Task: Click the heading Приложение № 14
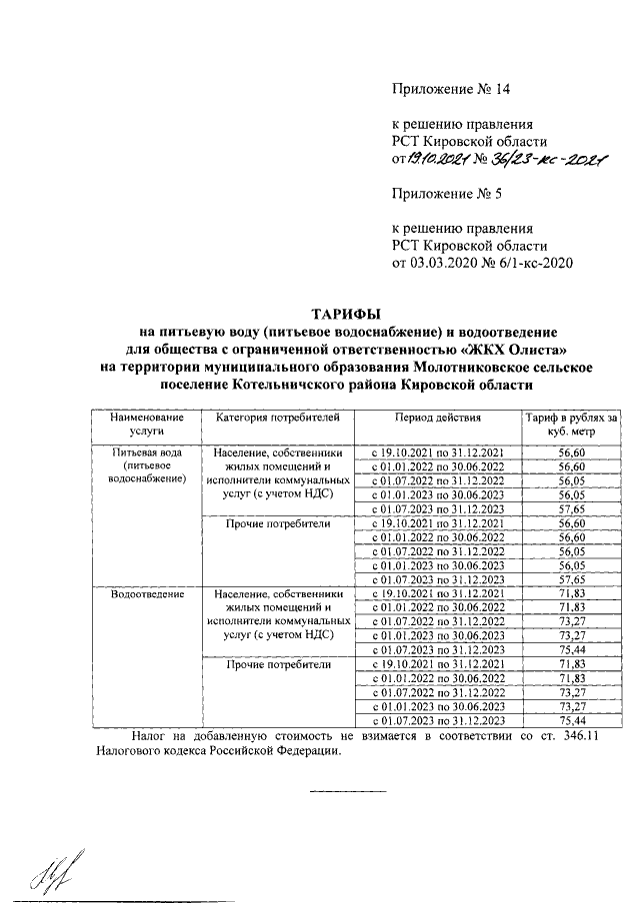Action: [453, 89]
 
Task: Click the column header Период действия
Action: [437, 417]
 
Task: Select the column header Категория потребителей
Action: [273, 417]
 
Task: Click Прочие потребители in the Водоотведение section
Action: [273, 664]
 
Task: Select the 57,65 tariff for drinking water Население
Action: [572, 507]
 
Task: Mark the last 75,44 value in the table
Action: [572, 720]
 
